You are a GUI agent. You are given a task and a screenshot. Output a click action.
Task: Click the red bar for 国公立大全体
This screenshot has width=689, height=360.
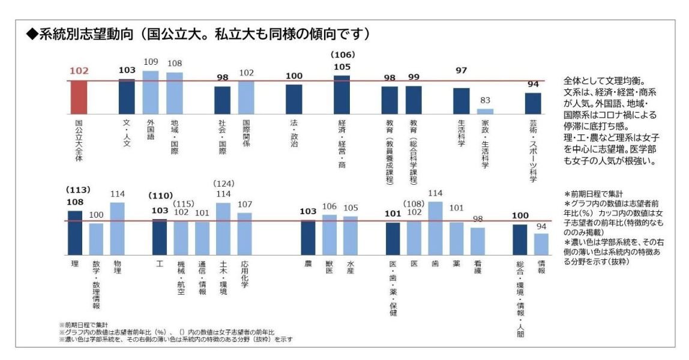[79, 97]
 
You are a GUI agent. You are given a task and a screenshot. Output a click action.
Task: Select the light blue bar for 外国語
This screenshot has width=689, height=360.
[151, 92]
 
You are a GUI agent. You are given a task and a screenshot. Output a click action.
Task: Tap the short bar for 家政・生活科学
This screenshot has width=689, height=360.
[485, 111]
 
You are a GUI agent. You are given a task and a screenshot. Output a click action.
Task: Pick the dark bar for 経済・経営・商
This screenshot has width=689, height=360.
[341, 94]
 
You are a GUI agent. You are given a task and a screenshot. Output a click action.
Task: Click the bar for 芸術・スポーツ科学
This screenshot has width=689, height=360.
[533, 103]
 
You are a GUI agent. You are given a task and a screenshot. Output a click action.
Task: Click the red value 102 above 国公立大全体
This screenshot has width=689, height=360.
[79, 71]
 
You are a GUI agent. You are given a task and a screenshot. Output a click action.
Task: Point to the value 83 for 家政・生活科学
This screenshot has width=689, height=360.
[485, 101]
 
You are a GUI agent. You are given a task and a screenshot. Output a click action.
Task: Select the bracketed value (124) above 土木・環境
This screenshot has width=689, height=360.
[223, 183]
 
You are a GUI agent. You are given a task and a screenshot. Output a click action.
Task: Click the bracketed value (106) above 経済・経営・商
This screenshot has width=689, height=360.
[341, 55]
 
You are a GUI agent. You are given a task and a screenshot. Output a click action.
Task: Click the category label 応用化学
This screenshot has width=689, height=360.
[244, 275]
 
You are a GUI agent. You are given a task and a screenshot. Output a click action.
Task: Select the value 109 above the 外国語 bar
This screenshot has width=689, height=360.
[151, 62]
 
